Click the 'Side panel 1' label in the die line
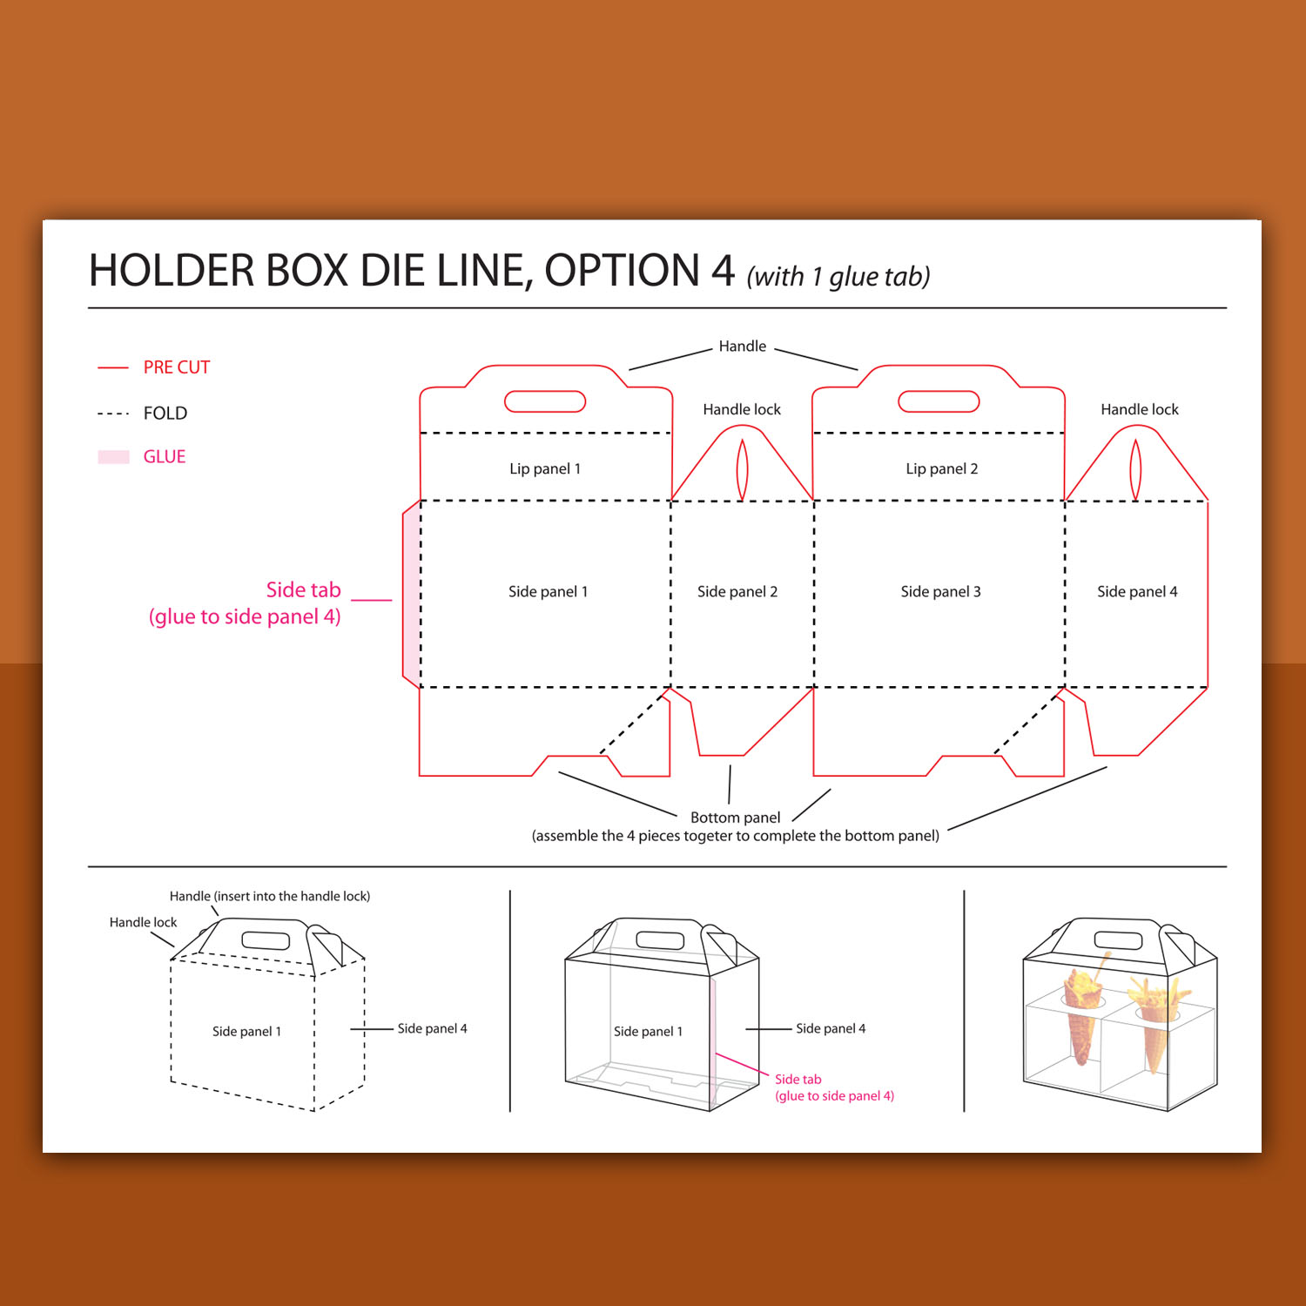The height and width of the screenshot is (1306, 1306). pos(549,592)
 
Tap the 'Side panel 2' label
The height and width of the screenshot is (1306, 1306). pos(737,592)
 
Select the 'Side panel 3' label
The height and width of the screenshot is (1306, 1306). pos(940,592)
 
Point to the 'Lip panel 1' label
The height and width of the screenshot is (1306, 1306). pos(545,469)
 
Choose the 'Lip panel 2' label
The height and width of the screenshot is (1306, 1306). pos(942,469)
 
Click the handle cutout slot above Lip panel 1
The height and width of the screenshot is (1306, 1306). pos(545,401)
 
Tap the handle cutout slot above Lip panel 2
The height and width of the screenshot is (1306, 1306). pos(939,401)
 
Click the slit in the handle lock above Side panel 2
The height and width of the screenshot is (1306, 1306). pos(742,470)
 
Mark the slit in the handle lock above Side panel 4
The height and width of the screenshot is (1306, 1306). pos(1135,470)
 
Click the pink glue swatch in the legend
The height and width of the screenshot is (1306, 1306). pos(113,457)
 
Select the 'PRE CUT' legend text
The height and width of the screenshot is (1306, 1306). pos(177,367)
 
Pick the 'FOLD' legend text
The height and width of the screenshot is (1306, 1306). pos(165,413)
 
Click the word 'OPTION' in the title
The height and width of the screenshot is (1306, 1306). pos(622,271)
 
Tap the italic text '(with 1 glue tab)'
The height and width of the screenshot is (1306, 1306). pos(838,277)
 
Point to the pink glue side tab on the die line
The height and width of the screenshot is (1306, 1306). pos(411,594)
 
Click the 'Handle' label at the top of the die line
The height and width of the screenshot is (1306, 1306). pos(743,347)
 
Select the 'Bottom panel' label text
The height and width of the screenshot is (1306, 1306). pos(736,818)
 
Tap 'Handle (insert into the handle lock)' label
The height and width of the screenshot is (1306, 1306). pos(270,896)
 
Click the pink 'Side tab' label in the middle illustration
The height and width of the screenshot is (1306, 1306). pos(798,1080)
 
